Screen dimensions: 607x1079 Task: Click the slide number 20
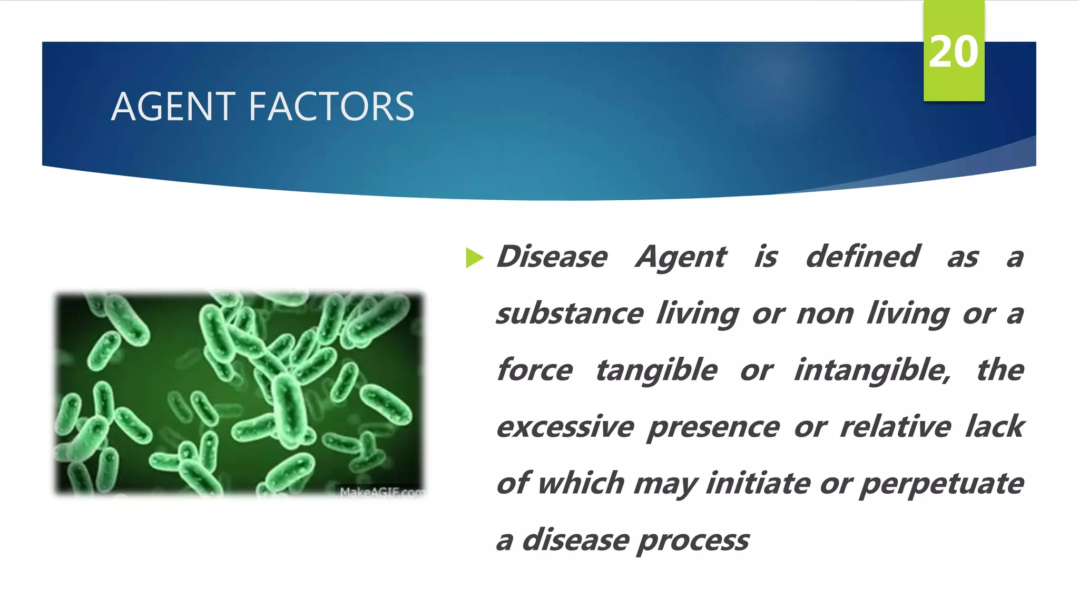(x=953, y=52)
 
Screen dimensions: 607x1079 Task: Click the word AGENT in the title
(x=172, y=107)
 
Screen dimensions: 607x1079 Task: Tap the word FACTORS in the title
(x=331, y=107)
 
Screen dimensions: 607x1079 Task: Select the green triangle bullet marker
(x=474, y=258)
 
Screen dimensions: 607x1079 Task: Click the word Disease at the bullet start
(x=552, y=257)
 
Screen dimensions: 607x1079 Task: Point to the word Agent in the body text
(x=681, y=258)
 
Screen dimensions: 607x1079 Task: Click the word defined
(x=862, y=257)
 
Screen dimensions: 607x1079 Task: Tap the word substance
(x=570, y=314)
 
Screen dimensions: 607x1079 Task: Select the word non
(x=825, y=315)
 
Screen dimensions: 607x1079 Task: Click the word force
(x=534, y=370)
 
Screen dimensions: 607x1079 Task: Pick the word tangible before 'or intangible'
(x=656, y=371)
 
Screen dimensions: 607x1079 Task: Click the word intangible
(x=872, y=371)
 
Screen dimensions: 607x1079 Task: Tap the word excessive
(x=565, y=427)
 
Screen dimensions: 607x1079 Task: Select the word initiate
(x=758, y=483)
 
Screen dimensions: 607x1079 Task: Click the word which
(x=581, y=483)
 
